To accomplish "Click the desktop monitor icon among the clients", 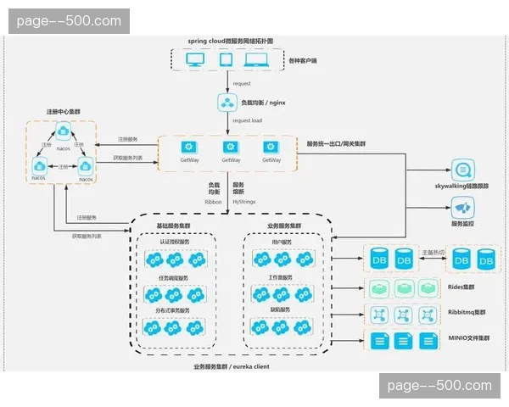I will click(x=195, y=60).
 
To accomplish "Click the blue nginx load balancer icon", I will click(x=227, y=103).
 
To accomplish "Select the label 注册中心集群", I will click(x=63, y=112).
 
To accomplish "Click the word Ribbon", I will click(x=215, y=202).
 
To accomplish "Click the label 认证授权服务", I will click(x=175, y=243).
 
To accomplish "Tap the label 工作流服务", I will click(x=281, y=277).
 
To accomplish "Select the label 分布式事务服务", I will click(x=175, y=311).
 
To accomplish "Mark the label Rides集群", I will click(x=461, y=287).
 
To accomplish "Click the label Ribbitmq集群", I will click(x=466, y=313).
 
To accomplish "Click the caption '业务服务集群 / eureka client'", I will click(x=232, y=366).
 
